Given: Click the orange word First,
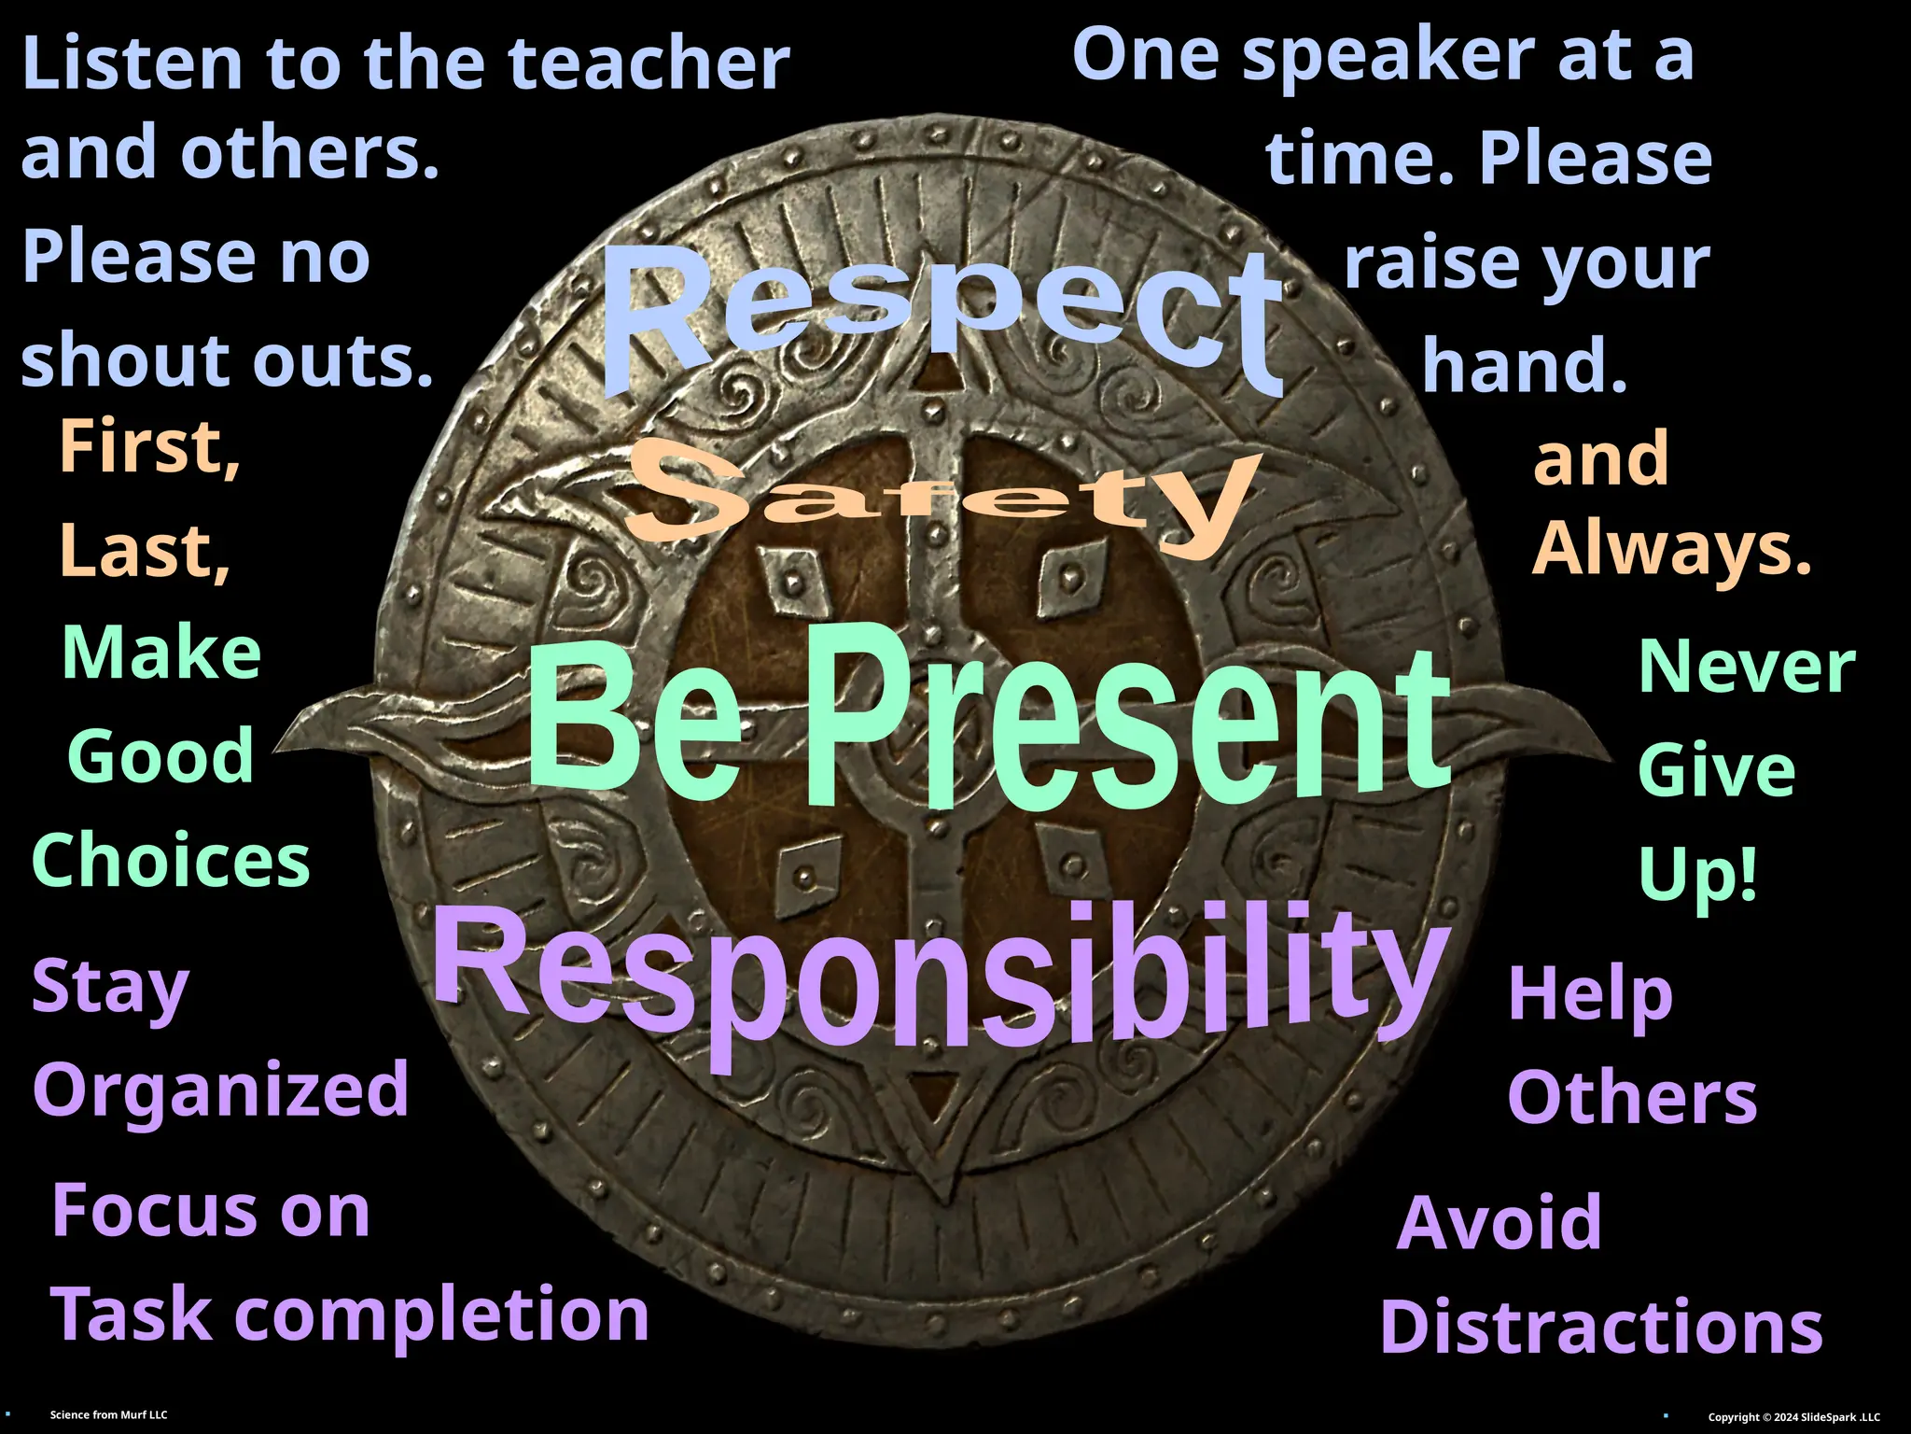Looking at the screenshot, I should pyautogui.click(x=149, y=448).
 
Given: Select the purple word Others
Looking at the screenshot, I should pyautogui.click(x=1632, y=1098).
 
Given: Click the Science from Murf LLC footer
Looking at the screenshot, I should pyautogui.click(x=109, y=1415).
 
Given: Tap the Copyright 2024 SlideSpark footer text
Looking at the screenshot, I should pyautogui.click(x=1793, y=1417).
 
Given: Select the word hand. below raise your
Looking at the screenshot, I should pyautogui.click(x=1525, y=366).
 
